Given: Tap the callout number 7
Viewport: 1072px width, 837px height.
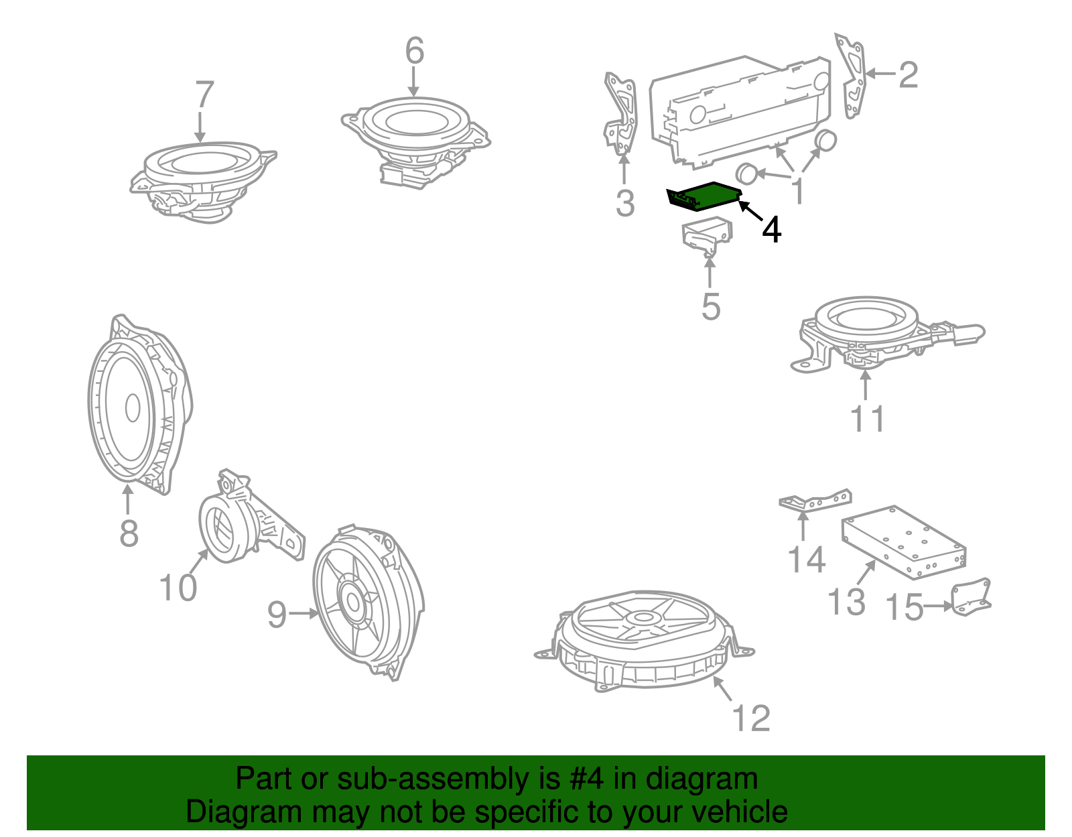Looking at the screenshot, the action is (x=205, y=94).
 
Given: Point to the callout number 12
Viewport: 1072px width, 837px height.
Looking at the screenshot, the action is (x=751, y=718).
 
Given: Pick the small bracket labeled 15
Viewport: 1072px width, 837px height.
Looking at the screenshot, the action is (x=970, y=597).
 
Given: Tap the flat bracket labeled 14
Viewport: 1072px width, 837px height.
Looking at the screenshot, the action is (x=815, y=500).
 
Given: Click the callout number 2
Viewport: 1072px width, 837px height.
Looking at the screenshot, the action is (x=909, y=75).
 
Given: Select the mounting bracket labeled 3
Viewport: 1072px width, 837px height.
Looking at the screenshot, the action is (x=621, y=113).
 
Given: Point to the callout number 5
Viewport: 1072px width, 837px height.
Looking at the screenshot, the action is (x=711, y=307).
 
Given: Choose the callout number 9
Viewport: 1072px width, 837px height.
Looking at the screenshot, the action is (x=277, y=615).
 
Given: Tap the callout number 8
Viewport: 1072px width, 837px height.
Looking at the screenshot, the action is (x=129, y=533).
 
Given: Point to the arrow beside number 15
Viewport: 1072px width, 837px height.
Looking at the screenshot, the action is (x=937, y=606).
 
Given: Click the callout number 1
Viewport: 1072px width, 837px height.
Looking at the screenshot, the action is (x=798, y=191).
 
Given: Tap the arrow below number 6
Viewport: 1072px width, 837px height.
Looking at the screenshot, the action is (x=414, y=82).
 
